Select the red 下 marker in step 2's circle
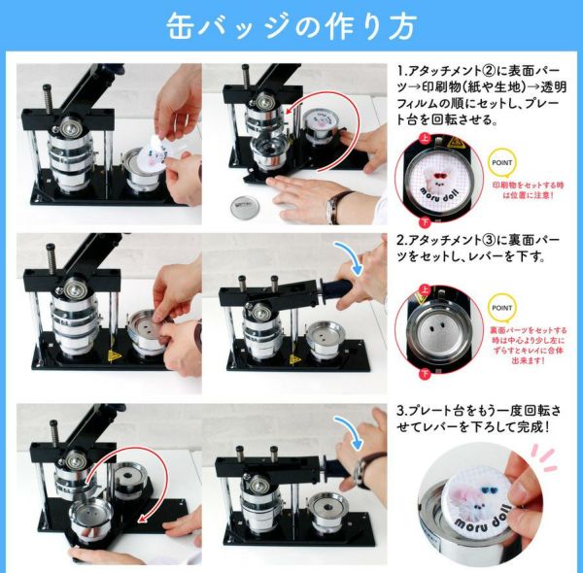[424, 372]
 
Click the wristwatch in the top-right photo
[339, 206]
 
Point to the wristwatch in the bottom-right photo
[361, 472]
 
